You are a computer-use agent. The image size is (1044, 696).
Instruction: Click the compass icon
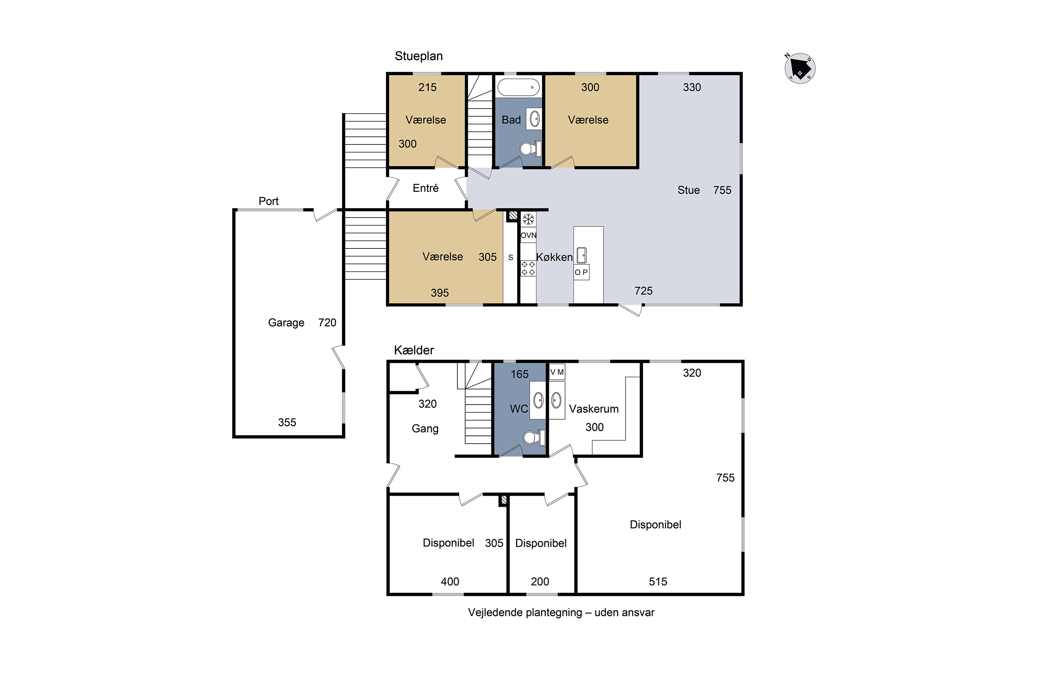point(800,68)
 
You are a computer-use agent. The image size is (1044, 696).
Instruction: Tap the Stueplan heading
point(419,56)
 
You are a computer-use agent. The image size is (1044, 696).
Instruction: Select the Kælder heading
point(414,350)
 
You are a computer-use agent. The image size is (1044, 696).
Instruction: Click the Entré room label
point(426,188)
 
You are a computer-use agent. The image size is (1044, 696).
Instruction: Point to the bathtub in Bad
point(519,87)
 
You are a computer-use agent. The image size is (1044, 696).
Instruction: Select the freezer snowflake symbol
point(528,219)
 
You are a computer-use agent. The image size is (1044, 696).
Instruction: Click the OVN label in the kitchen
point(528,235)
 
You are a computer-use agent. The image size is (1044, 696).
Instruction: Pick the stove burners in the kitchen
point(528,268)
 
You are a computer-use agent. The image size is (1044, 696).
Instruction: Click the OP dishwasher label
point(581,272)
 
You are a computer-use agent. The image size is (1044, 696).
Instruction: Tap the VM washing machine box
point(557,372)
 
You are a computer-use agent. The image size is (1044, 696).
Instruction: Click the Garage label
point(286,323)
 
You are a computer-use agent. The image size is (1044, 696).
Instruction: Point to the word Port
point(269,201)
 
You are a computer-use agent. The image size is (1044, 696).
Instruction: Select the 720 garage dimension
point(327,323)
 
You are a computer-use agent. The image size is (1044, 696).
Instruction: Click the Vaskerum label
point(593,409)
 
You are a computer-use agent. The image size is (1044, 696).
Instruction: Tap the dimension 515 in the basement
point(658,582)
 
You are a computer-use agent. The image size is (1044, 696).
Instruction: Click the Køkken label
point(554,257)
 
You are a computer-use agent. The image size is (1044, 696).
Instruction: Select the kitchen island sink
point(582,255)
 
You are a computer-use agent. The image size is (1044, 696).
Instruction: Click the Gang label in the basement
point(425,429)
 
